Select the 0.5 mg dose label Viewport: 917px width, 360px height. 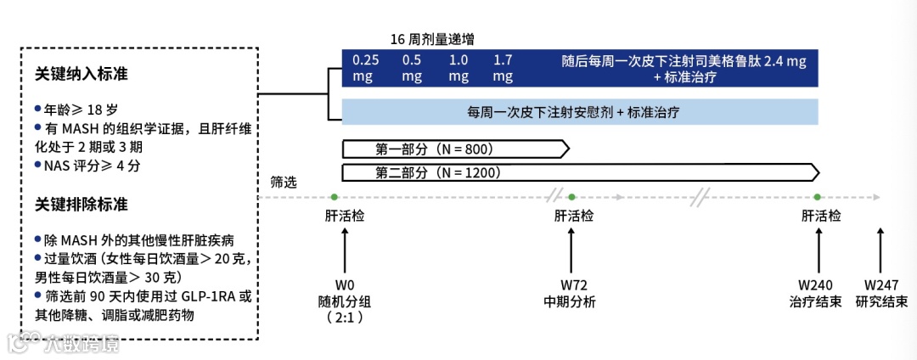[x=412, y=68]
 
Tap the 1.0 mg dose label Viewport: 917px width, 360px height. [x=458, y=68]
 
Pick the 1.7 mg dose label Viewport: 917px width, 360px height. [x=504, y=68]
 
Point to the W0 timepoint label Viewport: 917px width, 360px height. [x=345, y=284]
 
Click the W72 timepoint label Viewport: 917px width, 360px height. [x=570, y=284]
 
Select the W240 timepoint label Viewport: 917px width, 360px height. [x=816, y=284]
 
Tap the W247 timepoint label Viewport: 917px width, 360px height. [x=881, y=284]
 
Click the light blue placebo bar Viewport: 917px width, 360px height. [x=579, y=111]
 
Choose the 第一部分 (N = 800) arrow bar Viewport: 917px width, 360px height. [x=455, y=149]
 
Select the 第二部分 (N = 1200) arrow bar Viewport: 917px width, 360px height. [x=580, y=173]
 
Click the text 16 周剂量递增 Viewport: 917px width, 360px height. [x=432, y=40]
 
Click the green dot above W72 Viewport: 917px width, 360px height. [x=571, y=197]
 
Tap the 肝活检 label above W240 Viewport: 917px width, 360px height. [x=821, y=216]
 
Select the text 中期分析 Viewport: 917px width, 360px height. [x=570, y=301]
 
